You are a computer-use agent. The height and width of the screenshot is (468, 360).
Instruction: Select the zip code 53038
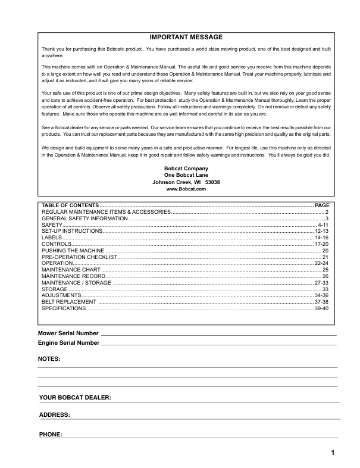(212, 182)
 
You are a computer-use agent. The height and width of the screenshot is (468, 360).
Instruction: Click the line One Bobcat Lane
(186, 175)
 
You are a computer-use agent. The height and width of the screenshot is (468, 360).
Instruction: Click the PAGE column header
(321, 205)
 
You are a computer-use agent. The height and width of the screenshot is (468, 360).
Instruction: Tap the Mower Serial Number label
(68, 333)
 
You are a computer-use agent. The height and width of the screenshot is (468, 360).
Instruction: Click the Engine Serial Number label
(69, 343)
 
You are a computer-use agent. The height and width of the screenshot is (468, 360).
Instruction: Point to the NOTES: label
(49, 360)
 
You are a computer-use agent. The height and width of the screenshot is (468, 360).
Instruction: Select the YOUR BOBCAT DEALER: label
(75, 397)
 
